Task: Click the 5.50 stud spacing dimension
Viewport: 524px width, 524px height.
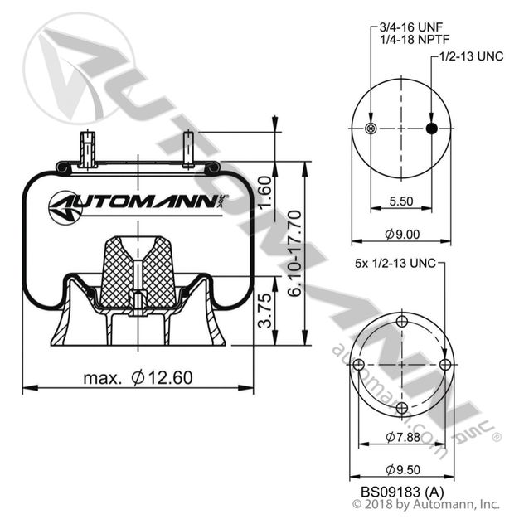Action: pyautogui.click(x=400, y=201)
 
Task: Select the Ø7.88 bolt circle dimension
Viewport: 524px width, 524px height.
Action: pyautogui.click(x=400, y=436)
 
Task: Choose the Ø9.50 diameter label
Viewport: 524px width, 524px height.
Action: pyautogui.click(x=400, y=469)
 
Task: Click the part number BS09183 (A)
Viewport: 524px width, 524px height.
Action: pyautogui.click(x=400, y=491)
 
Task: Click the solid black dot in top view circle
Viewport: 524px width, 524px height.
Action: pyautogui.click(x=430, y=128)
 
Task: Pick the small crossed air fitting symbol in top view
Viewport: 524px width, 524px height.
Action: pyautogui.click(x=370, y=128)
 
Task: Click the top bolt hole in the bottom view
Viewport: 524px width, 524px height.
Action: pyautogui.click(x=401, y=322)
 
